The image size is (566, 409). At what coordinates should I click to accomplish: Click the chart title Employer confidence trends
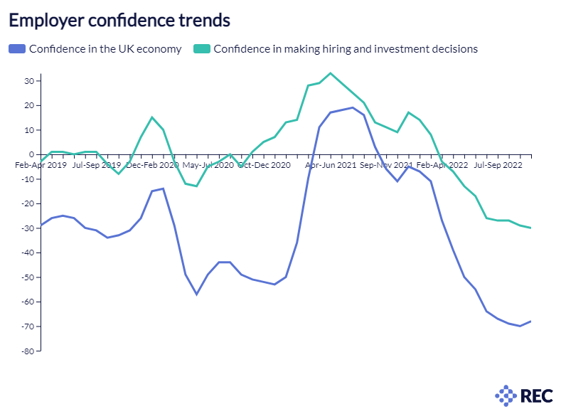point(119,21)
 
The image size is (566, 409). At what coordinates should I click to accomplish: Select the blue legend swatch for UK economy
point(17,49)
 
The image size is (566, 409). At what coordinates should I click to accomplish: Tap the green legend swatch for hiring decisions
point(203,49)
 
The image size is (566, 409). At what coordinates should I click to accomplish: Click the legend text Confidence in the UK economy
point(105,49)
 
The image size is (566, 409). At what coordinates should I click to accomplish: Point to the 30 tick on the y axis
point(30,81)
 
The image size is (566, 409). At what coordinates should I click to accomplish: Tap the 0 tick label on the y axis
point(32,154)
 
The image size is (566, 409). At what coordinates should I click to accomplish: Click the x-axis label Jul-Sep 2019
point(96,165)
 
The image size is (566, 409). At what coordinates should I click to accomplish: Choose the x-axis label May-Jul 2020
point(208,165)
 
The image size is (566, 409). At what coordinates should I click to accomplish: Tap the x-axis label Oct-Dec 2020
point(265,165)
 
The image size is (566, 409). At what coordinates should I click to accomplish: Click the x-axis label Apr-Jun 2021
point(331,165)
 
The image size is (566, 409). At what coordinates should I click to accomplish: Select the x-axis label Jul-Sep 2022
point(498,165)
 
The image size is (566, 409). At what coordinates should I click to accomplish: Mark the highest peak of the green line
point(330,73)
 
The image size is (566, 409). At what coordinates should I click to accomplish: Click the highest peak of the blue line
point(353,107)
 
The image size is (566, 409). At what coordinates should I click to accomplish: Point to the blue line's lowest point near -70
point(520,326)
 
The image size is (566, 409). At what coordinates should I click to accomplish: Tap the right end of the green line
point(531,228)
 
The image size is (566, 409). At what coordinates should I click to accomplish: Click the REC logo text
point(534,395)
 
